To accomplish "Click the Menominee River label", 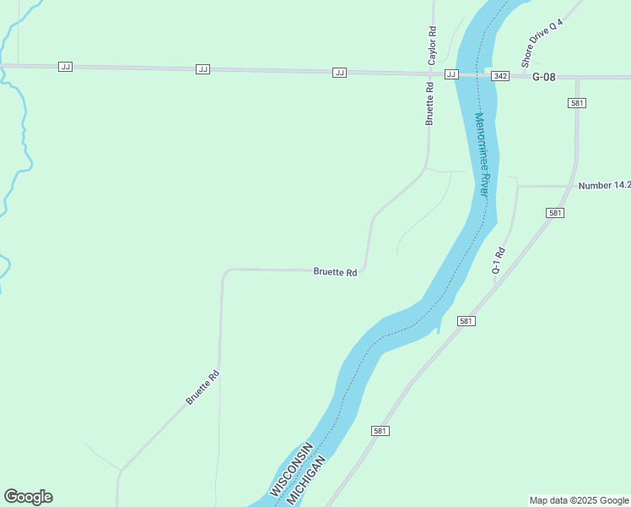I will (x=482, y=154).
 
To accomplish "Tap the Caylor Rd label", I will (x=432, y=46).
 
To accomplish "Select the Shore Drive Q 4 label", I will (x=541, y=45).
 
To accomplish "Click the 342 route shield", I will (x=501, y=76).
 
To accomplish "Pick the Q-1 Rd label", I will (x=499, y=261).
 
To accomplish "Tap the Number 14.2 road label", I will (x=604, y=185).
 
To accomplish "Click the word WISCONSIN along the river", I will (x=291, y=469).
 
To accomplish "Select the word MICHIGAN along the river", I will (x=305, y=482).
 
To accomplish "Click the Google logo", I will (x=28, y=497).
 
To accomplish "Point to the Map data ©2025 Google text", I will (x=580, y=500).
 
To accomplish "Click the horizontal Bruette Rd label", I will (x=335, y=272).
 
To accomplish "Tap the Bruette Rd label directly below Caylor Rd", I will (x=429, y=103).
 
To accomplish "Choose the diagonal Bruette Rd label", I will (x=202, y=387).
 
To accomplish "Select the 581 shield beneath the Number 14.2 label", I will (x=554, y=213).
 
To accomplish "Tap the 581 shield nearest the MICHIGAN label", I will (x=380, y=431).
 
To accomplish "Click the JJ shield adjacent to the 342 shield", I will (x=451, y=74).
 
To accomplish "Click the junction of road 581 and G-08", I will (x=578, y=78).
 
